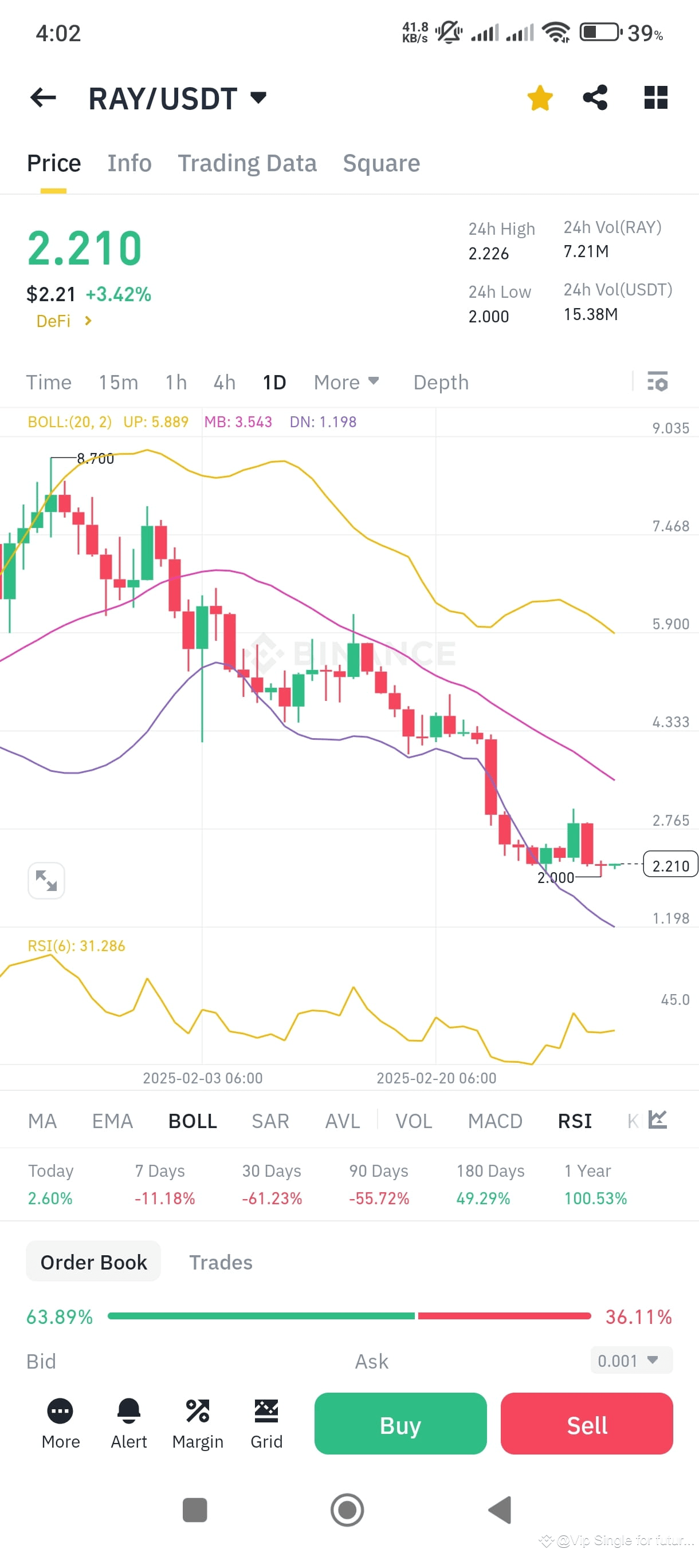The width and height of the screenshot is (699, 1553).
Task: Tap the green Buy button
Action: [x=400, y=1424]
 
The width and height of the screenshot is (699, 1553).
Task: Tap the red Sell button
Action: [x=586, y=1424]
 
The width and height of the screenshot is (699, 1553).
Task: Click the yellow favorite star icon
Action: [x=539, y=98]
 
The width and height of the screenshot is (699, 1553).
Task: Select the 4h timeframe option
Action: [x=225, y=382]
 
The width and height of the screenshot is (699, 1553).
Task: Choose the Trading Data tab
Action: [x=247, y=163]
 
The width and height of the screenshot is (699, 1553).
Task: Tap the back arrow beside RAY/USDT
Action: [x=43, y=98]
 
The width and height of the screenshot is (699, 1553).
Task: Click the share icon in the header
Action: [x=595, y=98]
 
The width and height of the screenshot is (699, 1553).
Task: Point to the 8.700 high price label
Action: [x=95, y=459]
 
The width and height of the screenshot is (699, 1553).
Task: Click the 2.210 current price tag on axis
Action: [x=670, y=865]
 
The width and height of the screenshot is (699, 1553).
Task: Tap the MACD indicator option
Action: [x=494, y=1121]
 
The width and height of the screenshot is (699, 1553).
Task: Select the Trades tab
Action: [x=221, y=1262]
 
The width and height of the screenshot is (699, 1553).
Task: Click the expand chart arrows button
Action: [x=46, y=880]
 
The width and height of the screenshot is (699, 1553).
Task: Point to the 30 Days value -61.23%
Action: [x=272, y=1198]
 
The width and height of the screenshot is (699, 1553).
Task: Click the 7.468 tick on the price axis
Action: [x=670, y=526]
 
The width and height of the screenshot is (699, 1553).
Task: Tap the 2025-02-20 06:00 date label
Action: [x=436, y=1078]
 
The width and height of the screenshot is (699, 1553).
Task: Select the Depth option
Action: [x=441, y=382]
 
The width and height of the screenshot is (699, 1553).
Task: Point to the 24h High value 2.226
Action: [x=489, y=254]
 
